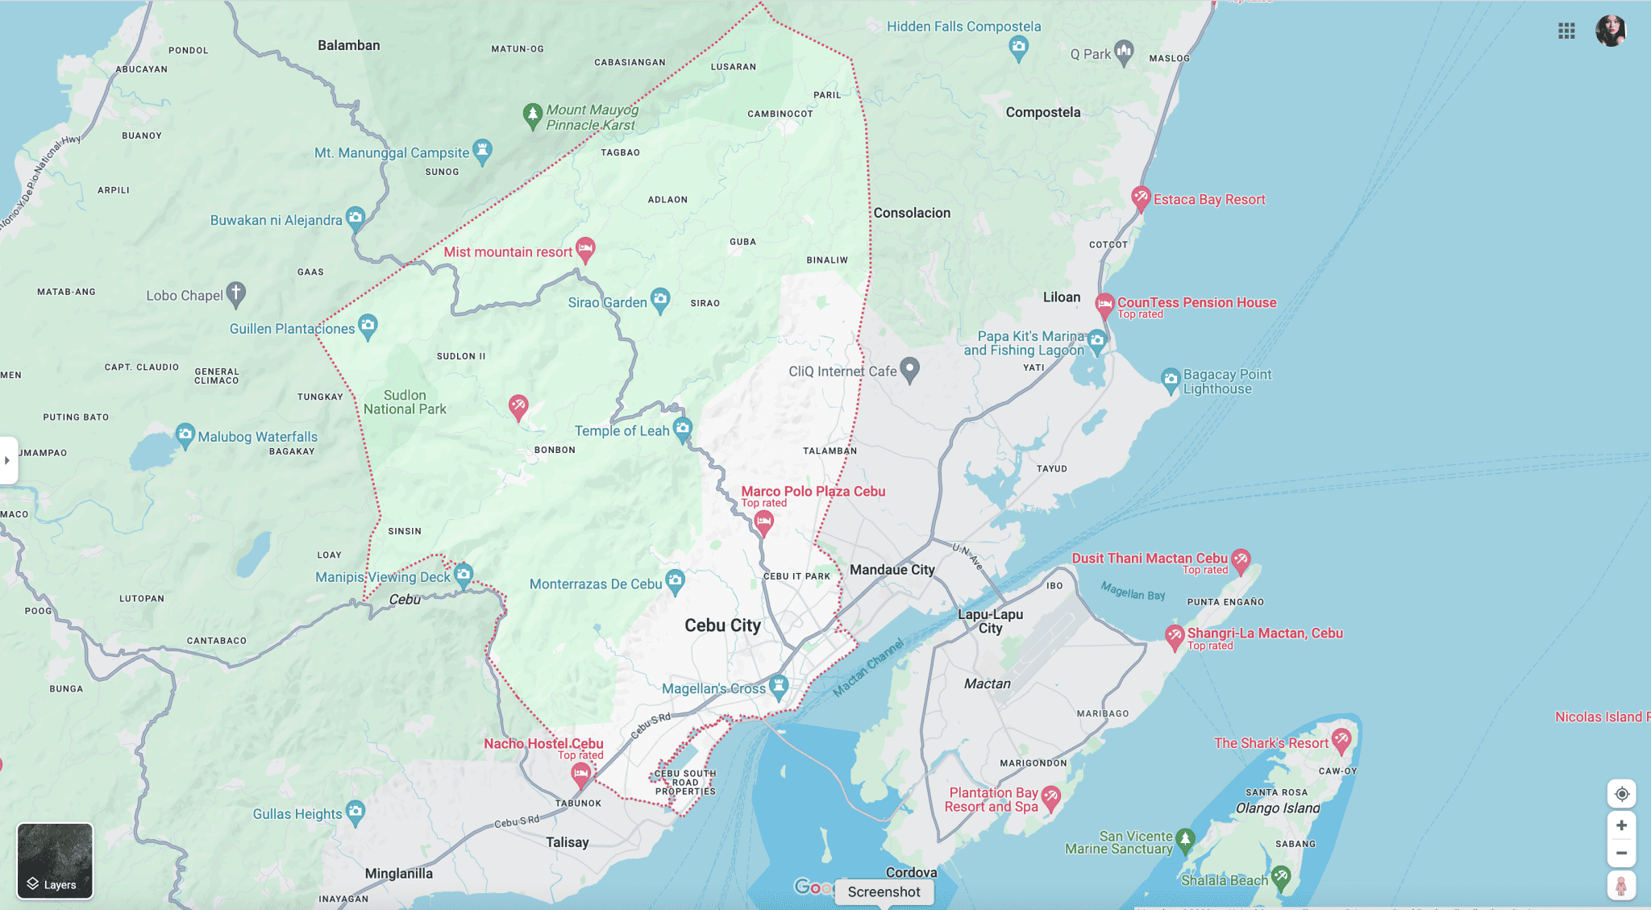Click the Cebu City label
click(722, 625)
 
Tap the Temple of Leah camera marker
click(683, 428)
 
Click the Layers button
click(55, 860)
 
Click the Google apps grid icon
click(1566, 31)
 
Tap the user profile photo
click(1610, 31)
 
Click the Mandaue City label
click(892, 570)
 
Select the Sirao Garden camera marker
click(660, 300)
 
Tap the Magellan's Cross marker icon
click(778, 686)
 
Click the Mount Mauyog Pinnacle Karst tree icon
click(532, 114)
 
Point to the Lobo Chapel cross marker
click(235, 293)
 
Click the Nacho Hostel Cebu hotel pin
click(580, 774)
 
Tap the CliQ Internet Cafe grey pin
click(909, 369)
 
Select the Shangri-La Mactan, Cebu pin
click(1175, 636)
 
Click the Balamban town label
click(348, 45)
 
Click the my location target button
click(1621, 794)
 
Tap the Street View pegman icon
click(1621, 886)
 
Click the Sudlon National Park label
click(405, 402)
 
